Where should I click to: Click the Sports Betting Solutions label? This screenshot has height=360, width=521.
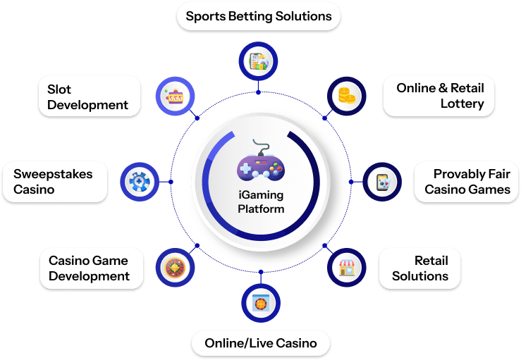[x=258, y=15]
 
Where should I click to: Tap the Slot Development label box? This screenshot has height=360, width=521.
[x=88, y=97]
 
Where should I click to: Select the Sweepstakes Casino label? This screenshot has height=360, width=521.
[x=56, y=181]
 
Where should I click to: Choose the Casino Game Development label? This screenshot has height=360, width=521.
[x=89, y=268]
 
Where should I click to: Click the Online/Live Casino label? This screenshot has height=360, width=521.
[x=261, y=343]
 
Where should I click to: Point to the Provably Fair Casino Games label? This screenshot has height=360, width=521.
[x=466, y=182]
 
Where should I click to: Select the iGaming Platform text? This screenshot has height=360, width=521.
[x=261, y=202]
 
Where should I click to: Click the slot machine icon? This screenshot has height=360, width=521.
[x=173, y=96]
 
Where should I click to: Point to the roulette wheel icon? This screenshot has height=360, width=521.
[x=173, y=268]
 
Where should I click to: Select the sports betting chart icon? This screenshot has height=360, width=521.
[x=258, y=61]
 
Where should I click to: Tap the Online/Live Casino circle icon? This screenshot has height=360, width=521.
[x=260, y=302]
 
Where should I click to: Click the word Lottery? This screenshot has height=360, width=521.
[x=462, y=104]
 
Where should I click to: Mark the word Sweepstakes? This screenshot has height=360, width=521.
[x=53, y=173]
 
